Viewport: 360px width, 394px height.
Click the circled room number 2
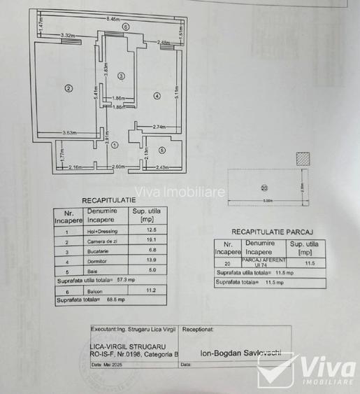(69, 87)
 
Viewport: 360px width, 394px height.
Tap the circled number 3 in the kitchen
(121, 76)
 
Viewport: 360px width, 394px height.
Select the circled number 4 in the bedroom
(157, 95)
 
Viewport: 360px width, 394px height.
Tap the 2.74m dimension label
(161, 127)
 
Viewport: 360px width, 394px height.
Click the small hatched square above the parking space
(302, 159)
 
